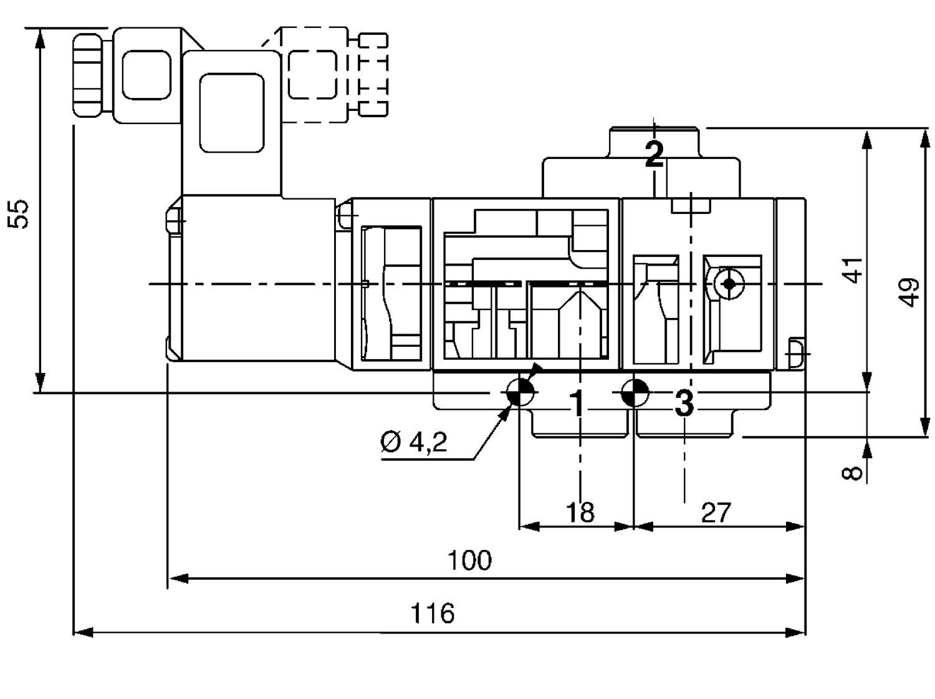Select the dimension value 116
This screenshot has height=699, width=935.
point(433,614)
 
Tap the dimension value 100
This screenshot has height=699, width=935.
point(469,560)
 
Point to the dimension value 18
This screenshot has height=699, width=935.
point(580,512)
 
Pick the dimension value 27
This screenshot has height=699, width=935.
point(716,513)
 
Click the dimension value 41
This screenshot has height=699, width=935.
point(852,270)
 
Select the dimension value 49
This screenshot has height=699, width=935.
point(910,292)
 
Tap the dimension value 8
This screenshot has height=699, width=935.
point(853,473)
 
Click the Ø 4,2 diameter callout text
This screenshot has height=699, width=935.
point(414,441)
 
